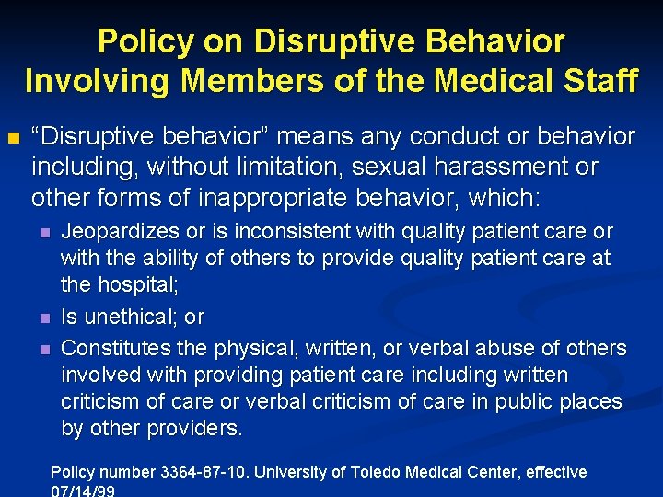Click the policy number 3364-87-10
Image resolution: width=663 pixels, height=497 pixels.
202,472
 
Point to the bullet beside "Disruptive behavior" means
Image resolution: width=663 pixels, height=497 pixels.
13,139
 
